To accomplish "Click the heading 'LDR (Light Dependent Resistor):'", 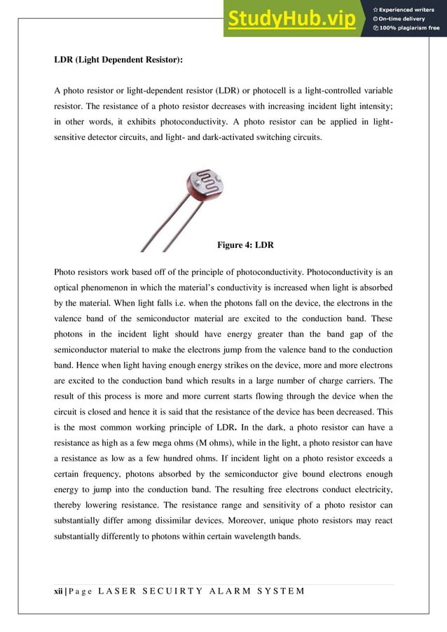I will click(x=118, y=60).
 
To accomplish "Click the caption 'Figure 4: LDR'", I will click(x=245, y=245).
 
